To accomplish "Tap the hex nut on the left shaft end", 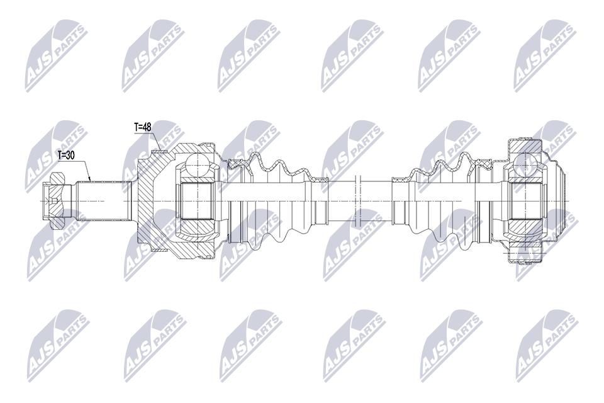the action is tap(58, 200).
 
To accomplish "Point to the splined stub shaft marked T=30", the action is tap(103, 200).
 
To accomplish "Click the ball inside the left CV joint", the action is tap(197, 166).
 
